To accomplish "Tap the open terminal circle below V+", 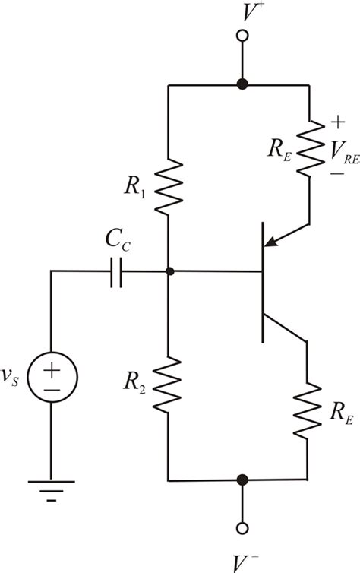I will (x=242, y=35).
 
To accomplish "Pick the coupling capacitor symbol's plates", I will (x=115, y=271).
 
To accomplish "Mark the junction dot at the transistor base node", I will (x=169, y=271).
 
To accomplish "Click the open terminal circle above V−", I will (x=242, y=528).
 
